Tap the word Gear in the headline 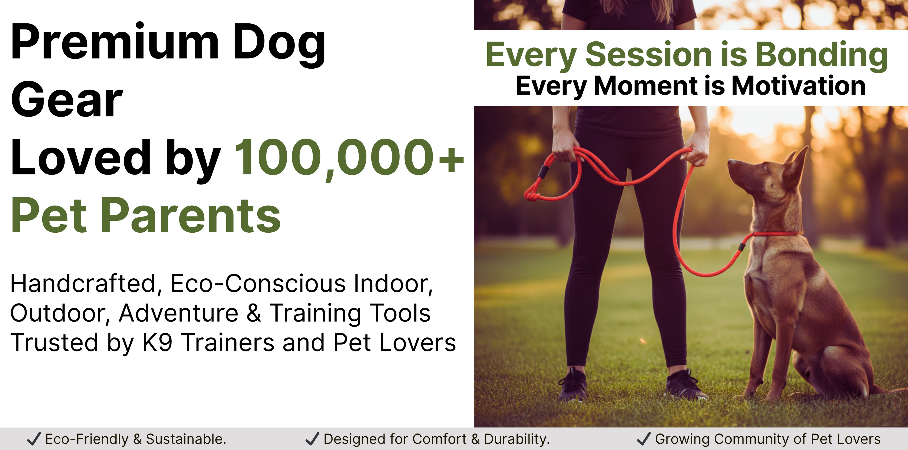67,99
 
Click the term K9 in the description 157,342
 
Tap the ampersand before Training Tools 254,313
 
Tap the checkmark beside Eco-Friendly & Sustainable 34,439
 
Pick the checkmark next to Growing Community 644,439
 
